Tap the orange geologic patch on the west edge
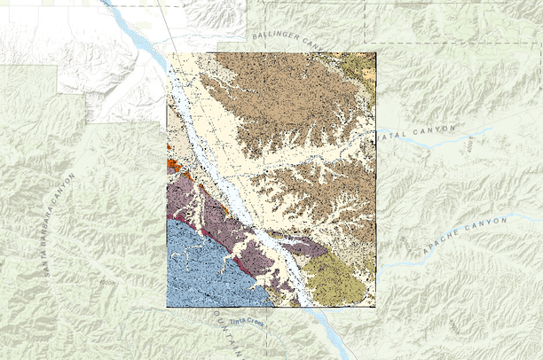pyautogui.click(x=172, y=164)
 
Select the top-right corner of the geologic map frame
pyautogui.click(x=376, y=53)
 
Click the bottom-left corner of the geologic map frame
pyautogui.click(x=167, y=307)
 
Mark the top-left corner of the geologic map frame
pyautogui.click(x=167, y=53)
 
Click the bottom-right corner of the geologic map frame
pyautogui.click(x=376, y=307)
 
